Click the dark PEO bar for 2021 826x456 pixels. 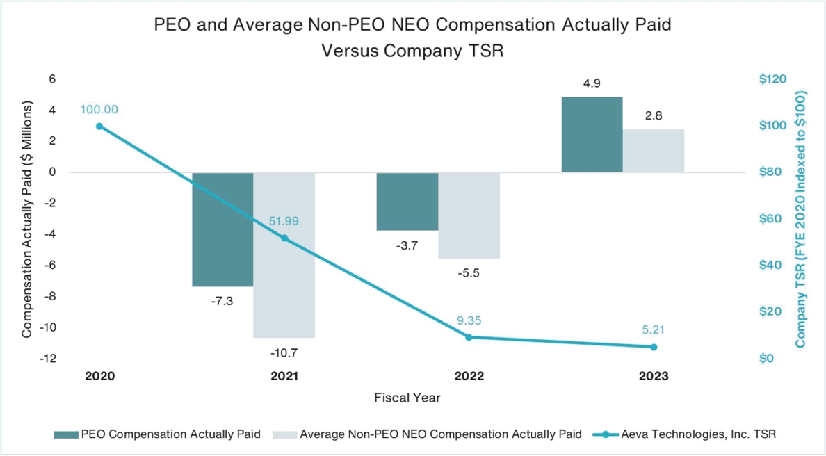[222, 229]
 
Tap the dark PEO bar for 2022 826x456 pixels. [407, 202]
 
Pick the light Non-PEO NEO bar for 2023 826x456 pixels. [654, 151]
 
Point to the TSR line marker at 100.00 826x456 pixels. [99, 126]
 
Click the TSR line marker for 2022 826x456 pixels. [469, 337]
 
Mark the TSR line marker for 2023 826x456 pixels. [654, 347]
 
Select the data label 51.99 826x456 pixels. [284, 222]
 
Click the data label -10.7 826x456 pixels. [284, 352]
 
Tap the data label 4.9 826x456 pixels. [592, 83]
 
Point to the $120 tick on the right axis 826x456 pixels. [772, 79]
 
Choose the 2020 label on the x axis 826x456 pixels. [99, 376]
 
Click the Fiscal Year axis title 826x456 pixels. [407, 398]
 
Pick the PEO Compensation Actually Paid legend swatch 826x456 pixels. [66, 434]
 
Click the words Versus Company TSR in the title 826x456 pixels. [412, 52]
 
